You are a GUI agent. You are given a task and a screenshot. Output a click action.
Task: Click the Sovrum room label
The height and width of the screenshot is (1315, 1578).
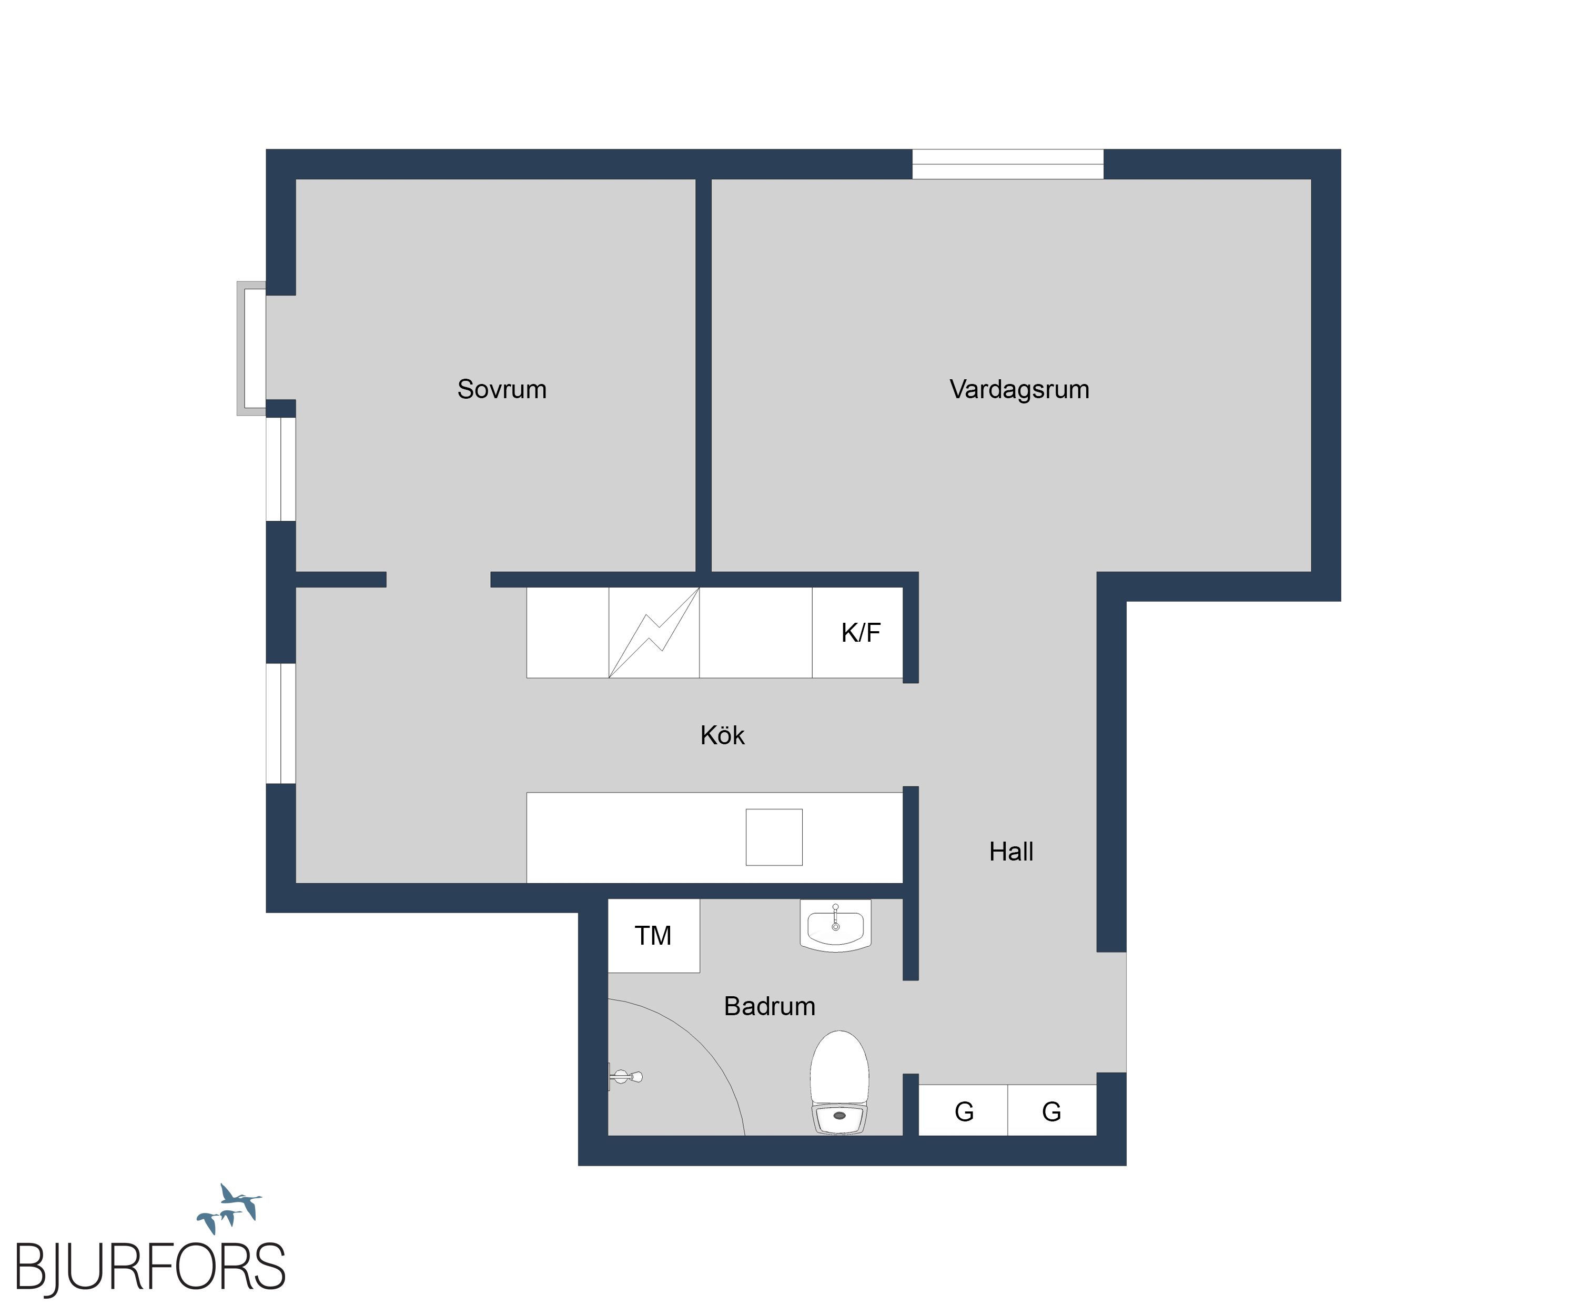(x=502, y=389)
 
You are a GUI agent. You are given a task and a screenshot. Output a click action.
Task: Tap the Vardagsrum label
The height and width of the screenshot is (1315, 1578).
(x=1019, y=390)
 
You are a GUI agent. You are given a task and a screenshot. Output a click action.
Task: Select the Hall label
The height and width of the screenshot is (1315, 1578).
(x=1010, y=852)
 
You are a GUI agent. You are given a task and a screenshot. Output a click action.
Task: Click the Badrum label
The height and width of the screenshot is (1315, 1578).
(x=770, y=1006)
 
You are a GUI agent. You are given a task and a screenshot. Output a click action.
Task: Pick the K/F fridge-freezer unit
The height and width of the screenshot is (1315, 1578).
(x=857, y=633)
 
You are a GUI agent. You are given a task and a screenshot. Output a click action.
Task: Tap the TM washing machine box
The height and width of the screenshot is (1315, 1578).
(x=653, y=936)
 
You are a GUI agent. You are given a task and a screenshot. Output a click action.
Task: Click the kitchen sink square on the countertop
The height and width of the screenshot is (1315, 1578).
(x=774, y=837)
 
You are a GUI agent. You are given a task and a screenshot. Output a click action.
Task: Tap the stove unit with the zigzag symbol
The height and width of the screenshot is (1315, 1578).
(x=654, y=633)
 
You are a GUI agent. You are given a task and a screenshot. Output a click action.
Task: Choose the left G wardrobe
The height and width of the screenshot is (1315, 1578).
(x=963, y=1110)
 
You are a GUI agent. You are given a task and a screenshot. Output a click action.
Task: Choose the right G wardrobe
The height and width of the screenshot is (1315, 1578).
(x=1052, y=1110)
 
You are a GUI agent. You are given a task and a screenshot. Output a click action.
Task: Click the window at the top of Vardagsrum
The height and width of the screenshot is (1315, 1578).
(x=1008, y=164)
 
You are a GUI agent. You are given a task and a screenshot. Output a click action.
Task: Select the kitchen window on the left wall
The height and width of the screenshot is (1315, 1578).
(x=280, y=723)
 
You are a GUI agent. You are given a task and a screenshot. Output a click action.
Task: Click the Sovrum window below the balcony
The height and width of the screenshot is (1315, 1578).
(x=280, y=469)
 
